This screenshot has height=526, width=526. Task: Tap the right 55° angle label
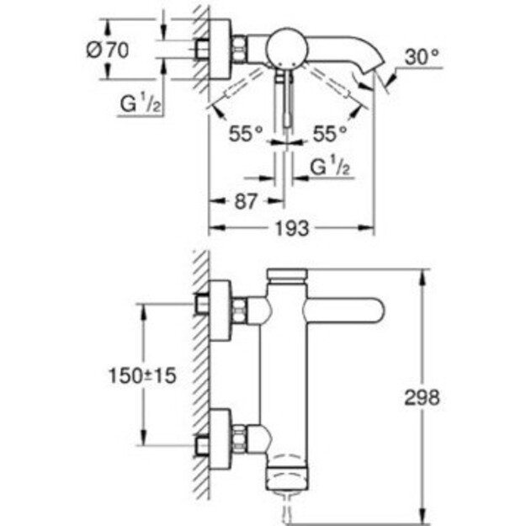click(x=328, y=133)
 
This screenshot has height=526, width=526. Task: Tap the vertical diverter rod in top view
click(x=284, y=101)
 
